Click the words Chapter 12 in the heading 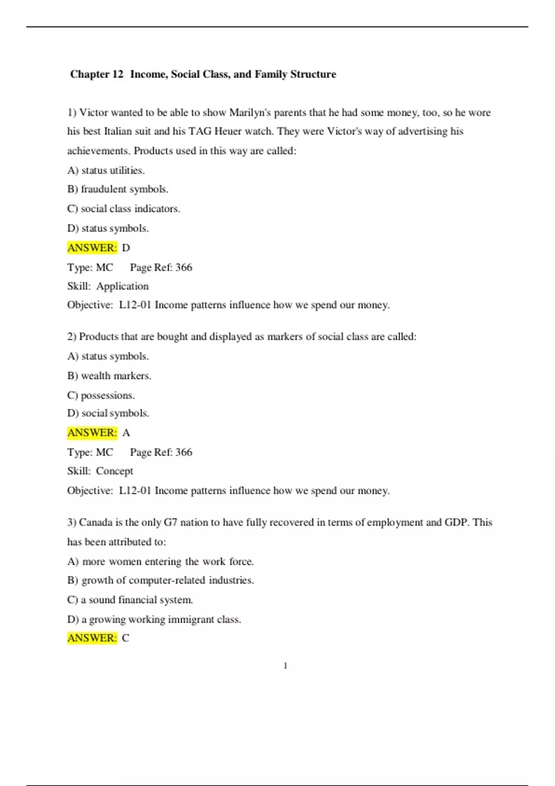coord(97,74)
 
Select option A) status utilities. coord(106,171)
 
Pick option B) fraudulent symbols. coord(117,189)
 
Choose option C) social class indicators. coord(123,209)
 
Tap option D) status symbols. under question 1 coord(108,228)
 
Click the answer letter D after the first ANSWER coord(126,248)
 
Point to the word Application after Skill coord(123,286)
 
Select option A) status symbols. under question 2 coord(108,356)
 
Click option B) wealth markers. coord(109,376)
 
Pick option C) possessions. coord(101,395)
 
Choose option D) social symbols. coord(108,413)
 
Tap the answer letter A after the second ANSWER coord(126,433)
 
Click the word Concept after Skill coord(114,471)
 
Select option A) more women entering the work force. coord(160,562)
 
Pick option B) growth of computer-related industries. coord(160,580)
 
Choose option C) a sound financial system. coord(130,600)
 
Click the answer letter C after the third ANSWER coord(125,638)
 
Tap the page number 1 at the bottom coord(285,666)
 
